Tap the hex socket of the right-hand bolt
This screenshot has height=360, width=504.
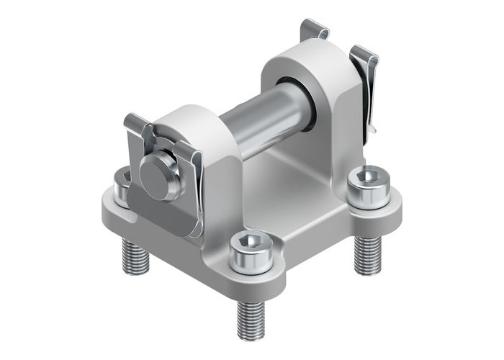369,175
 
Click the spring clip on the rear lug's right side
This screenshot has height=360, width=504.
364,86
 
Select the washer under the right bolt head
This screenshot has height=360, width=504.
369,193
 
